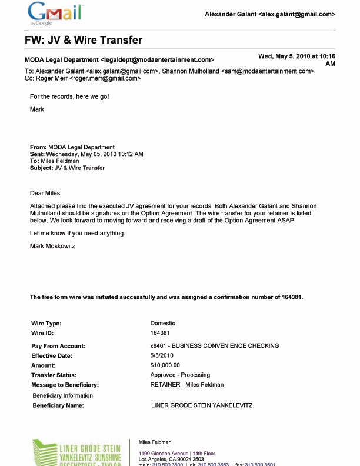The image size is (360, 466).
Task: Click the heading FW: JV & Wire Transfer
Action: [x=84, y=40]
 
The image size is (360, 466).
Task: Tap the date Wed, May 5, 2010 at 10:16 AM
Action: [x=296, y=59]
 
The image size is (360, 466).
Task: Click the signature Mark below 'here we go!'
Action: [x=37, y=109]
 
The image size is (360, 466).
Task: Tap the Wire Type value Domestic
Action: [x=162, y=323]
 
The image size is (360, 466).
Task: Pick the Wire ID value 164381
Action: [x=160, y=333]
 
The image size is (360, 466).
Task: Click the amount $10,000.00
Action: [x=165, y=365]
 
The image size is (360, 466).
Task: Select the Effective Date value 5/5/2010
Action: [x=162, y=355]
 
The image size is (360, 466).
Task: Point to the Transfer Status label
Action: [x=58, y=375]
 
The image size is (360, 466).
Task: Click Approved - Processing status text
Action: [x=180, y=375]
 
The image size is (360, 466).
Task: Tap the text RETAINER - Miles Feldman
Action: [x=187, y=385]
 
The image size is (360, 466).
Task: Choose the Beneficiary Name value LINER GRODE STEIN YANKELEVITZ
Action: [x=202, y=405]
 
